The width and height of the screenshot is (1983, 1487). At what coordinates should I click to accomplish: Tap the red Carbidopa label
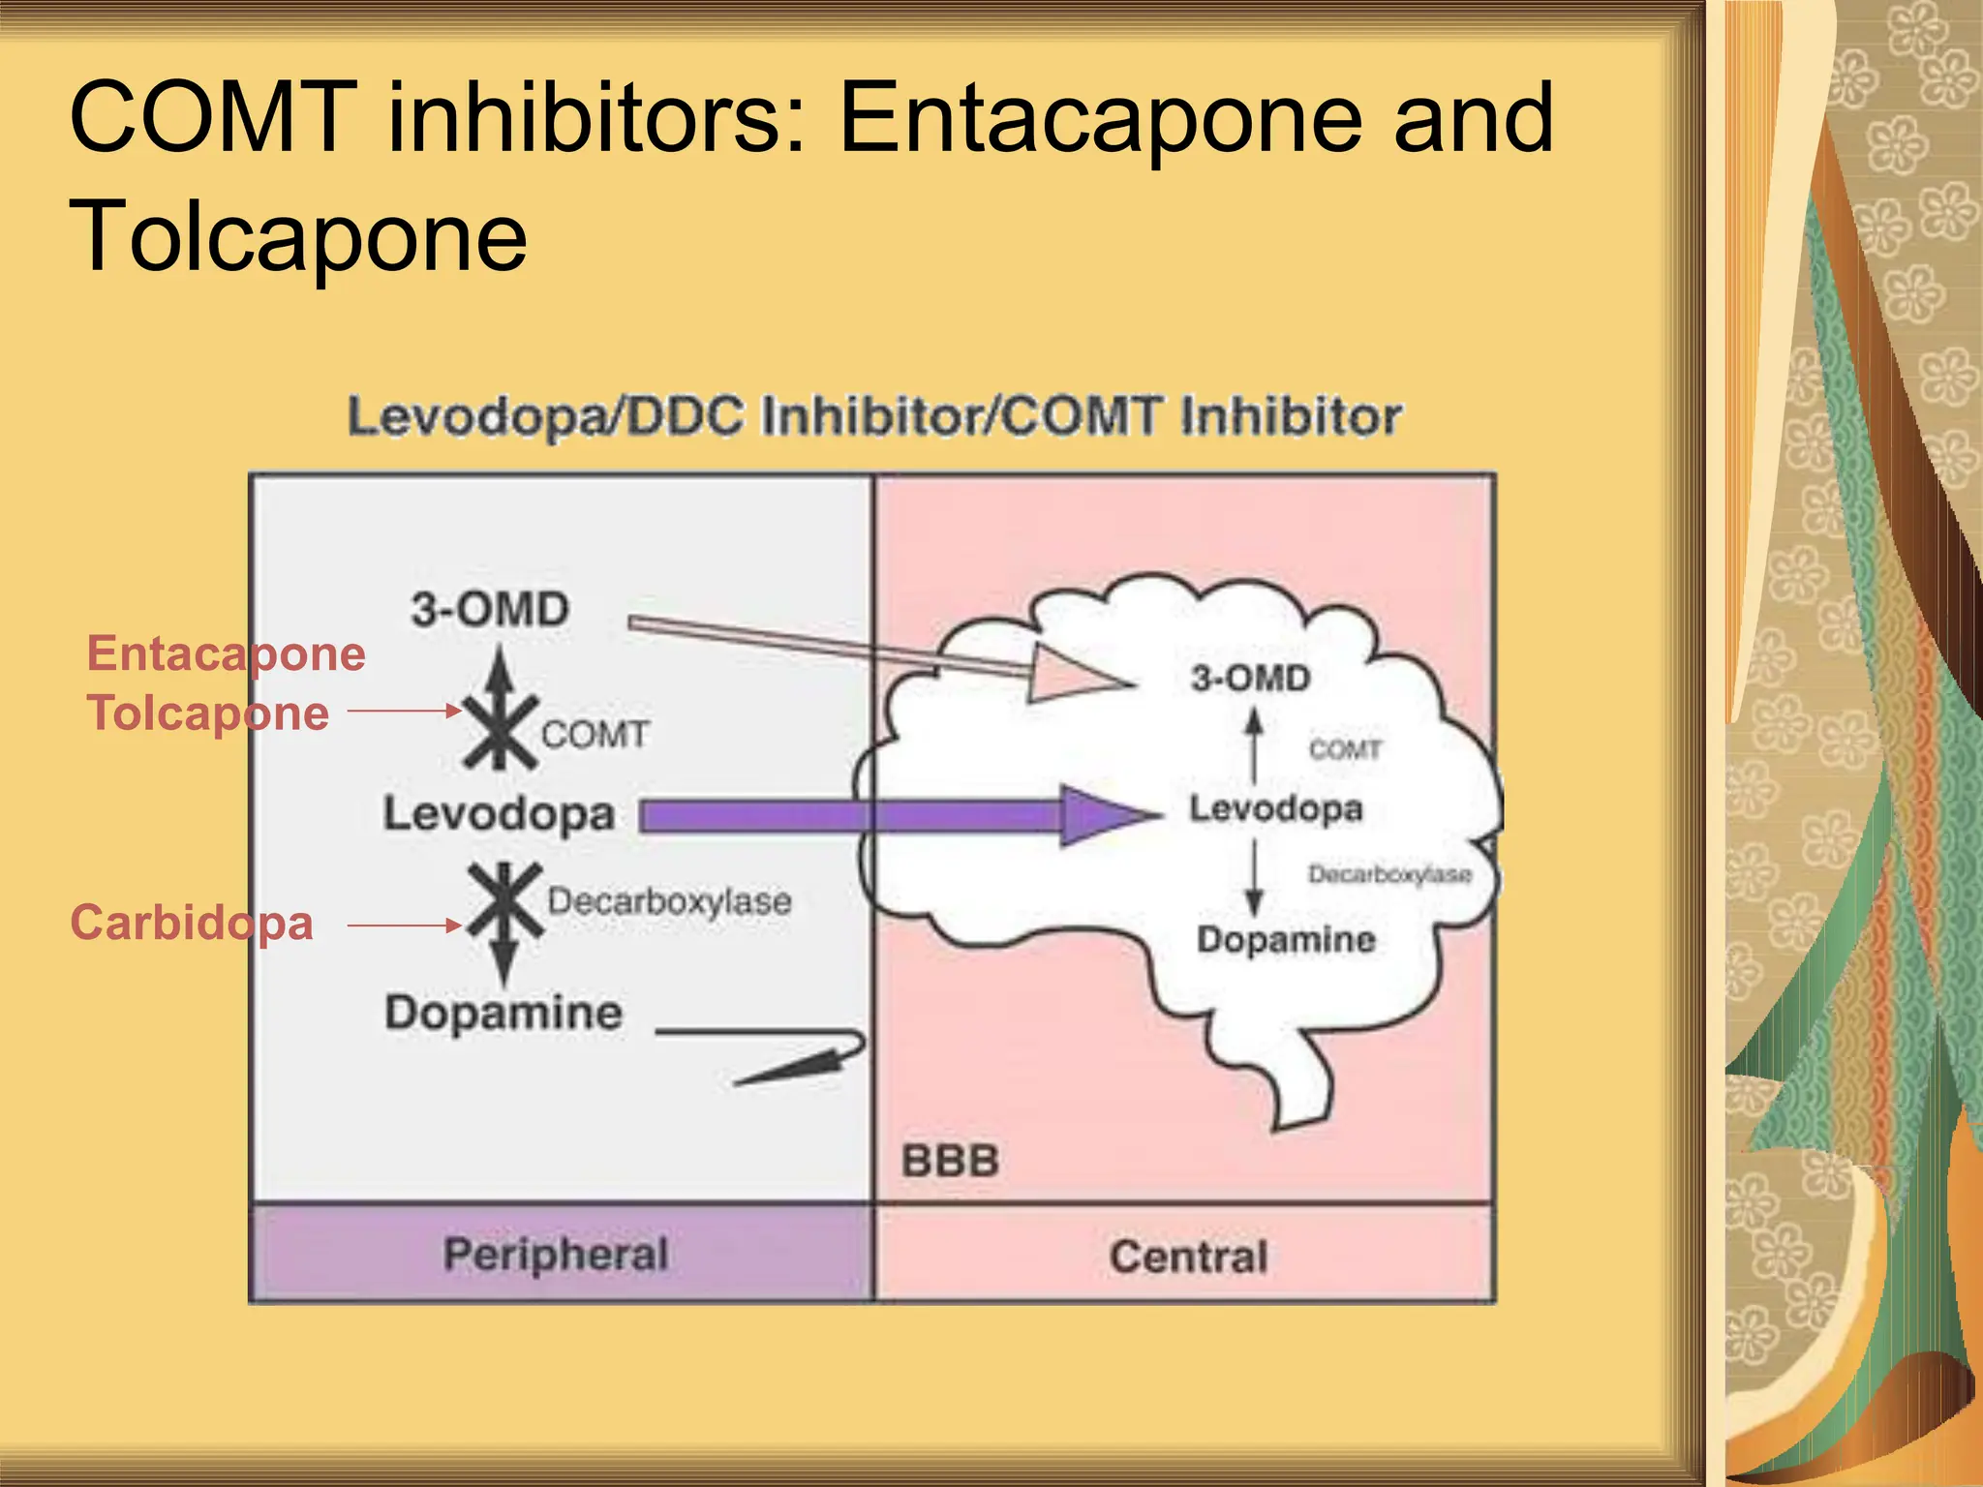pos(192,923)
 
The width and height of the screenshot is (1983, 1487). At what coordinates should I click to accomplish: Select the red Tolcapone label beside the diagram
pos(208,713)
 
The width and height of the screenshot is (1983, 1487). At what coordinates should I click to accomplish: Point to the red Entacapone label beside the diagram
pos(227,653)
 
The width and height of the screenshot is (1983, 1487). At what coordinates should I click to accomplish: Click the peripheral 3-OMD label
pos(490,610)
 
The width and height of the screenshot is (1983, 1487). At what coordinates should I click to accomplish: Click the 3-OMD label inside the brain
pos(1250,678)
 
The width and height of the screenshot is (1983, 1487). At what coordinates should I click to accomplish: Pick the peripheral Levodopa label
pos(499,813)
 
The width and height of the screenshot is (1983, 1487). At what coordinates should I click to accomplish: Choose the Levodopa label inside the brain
pos(1275,808)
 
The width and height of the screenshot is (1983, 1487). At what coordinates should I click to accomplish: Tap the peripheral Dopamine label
pos(503,1013)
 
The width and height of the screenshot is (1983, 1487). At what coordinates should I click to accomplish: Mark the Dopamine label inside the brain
pos(1286,939)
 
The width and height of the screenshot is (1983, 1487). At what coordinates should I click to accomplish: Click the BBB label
pos(950,1161)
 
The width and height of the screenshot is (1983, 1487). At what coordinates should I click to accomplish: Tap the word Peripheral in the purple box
pos(556,1255)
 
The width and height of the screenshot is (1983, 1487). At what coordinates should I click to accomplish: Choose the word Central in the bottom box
pos(1188,1257)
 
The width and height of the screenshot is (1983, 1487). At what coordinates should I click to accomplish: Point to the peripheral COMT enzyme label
pos(595,734)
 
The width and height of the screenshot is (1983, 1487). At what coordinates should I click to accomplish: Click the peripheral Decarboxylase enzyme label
pos(669,901)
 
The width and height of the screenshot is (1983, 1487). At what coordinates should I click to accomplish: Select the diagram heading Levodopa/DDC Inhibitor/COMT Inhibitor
pos(874,417)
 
